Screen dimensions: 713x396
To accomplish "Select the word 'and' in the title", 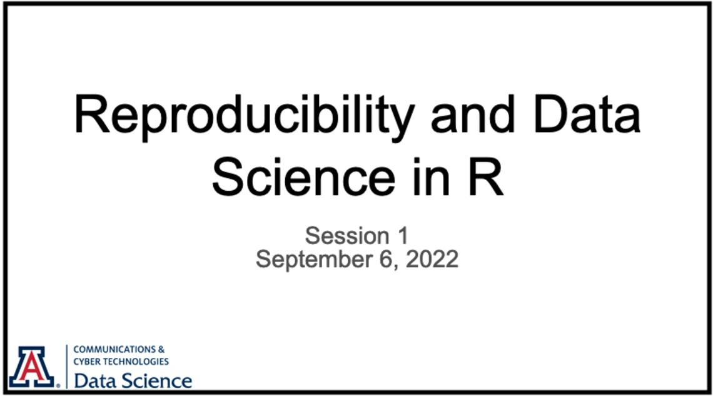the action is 472,114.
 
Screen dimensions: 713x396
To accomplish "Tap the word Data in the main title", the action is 587,114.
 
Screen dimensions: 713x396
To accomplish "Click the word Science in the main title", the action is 303,177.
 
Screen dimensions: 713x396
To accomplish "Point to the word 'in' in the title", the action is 431,177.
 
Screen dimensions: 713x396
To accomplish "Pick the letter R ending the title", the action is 486,177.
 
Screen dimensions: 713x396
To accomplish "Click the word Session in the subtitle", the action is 347,236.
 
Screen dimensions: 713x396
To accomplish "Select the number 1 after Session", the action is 403,236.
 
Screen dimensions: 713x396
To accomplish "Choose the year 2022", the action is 432,259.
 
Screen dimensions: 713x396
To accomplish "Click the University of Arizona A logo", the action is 32,367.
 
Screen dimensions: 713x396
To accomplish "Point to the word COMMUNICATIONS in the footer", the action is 114,350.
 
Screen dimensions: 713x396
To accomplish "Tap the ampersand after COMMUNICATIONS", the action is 161,350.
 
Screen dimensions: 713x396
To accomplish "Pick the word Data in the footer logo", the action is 95,381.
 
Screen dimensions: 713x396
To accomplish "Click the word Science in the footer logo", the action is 156,381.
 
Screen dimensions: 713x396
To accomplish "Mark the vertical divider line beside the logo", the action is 67,367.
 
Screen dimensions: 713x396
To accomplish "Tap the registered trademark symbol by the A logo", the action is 58,386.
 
